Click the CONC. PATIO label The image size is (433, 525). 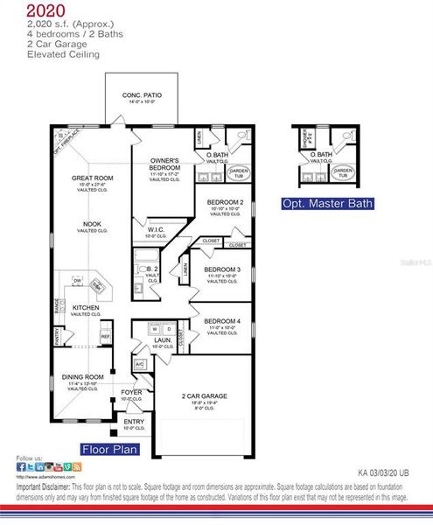[x=142, y=94]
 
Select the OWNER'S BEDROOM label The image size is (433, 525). [x=164, y=164]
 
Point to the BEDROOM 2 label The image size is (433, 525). [x=225, y=202]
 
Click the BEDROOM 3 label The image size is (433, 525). [x=222, y=269]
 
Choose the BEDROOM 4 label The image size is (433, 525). [x=222, y=321]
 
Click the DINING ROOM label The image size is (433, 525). [x=83, y=377]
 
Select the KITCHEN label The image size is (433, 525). [x=86, y=308]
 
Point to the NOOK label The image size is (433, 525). [x=92, y=224]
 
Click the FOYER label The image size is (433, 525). [x=131, y=392]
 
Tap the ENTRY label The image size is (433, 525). [x=133, y=422]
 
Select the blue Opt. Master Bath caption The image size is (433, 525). [x=327, y=204]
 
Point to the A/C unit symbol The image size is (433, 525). [x=139, y=364]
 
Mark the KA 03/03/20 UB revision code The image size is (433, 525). [x=383, y=471]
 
